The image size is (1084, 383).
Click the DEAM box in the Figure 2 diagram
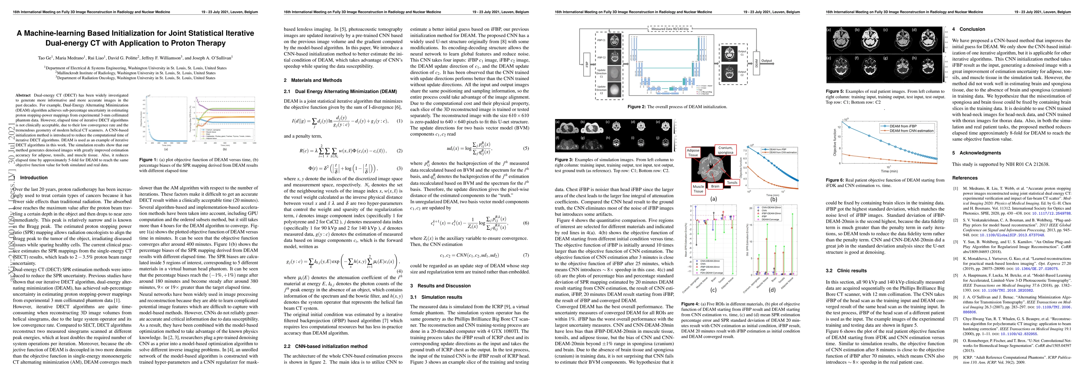click(x=756, y=63)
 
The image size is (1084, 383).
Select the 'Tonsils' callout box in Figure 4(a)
click(x=732, y=183)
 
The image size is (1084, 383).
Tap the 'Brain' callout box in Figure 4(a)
click(x=715, y=186)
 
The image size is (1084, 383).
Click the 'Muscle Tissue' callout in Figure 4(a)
click(x=698, y=189)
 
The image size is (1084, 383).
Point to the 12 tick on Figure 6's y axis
click(x=839, y=127)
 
